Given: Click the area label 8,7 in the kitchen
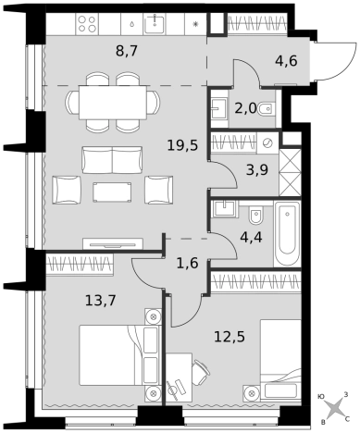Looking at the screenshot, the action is pyautogui.click(x=126, y=51).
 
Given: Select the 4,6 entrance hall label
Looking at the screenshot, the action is pyautogui.click(x=286, y=61).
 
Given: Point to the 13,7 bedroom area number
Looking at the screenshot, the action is pyautogui.click(x=101, y=300).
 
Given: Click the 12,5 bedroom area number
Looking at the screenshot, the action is pyautogui.click(x=230, y=337).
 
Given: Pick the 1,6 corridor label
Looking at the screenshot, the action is pyautogui.click(x=187, y=264).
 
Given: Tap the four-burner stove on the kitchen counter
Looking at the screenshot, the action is pyautogui.click(x=87, y=24).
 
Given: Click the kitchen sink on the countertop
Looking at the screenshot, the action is pyautogui.click(x=155, y=23).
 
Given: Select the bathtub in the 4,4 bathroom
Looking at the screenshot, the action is pyautogui.click(x=287, y=233).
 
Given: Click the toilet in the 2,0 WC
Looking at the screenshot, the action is pyautogui.click(x=265, y=108).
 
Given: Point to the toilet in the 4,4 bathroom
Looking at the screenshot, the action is pyautogui.click(x=256, y=216).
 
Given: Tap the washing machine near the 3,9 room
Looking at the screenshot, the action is pyautogui.click(x=267, y=143).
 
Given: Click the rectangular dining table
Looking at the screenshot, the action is pyautogui.click(x=113, y=103).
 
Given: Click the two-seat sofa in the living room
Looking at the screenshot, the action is pyautogui.click(x=112, y=160).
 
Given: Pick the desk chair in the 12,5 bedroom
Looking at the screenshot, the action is pyautogui.click(x=200, y=373).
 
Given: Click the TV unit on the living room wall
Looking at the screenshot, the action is pyautogui.click(x=113, y=243).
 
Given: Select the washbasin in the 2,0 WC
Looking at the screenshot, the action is pyautogui.click(x=219, y=108).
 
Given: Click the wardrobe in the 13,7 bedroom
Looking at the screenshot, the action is pyautogui.click(x=80, y=264).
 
